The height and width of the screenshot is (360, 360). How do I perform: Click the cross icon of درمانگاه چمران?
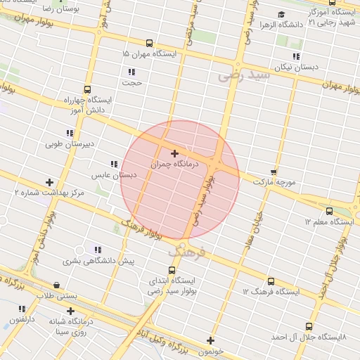point(174,153)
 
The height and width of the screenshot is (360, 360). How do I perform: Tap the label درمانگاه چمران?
point(174,164)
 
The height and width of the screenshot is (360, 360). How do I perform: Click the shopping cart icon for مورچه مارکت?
point(274,172)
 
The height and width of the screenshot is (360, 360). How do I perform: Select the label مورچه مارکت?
point(271,182)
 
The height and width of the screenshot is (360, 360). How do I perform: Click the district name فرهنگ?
point(186,250)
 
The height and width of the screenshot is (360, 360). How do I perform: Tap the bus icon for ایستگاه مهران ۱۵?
point(149,43)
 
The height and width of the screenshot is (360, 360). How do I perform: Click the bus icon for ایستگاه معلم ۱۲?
point(329,211)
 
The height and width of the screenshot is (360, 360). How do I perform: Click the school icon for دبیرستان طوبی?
point(70,133)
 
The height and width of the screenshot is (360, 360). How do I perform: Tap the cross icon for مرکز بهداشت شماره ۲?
point(49,182)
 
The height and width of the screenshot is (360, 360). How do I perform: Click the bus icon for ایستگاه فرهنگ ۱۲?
point(271,281)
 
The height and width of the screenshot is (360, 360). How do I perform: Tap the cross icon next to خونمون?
point(210,340)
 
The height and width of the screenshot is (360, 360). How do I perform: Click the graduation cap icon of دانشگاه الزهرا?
point(281,14)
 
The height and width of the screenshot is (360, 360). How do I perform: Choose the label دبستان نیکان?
point(295,67)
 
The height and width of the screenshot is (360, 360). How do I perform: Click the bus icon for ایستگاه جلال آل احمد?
point(309,326)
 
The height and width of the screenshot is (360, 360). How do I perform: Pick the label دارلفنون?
point(22,319)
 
